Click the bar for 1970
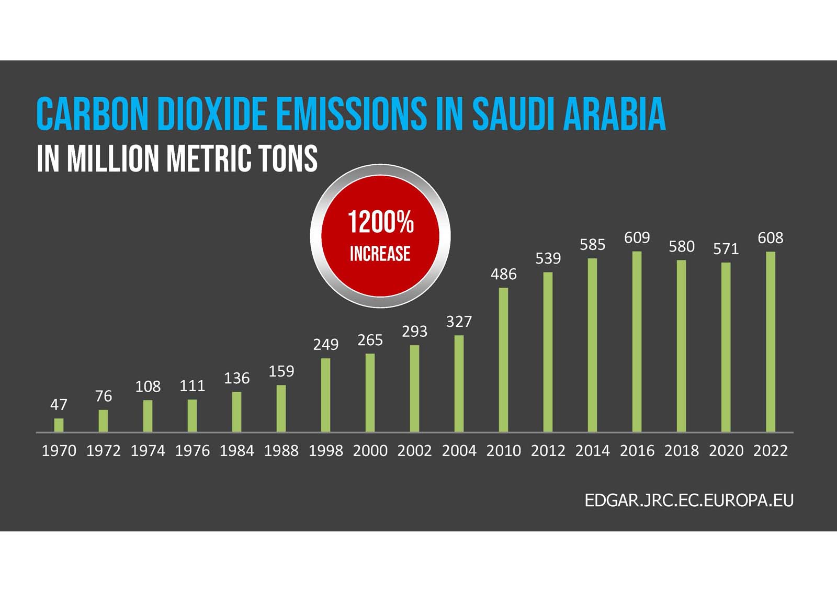click(x=59, y=425)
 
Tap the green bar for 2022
click(x=771, y=342)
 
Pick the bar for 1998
click(x=325, y=395)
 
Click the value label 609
click(x=637, y=238)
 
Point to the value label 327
click(x=459, y=322)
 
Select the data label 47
click(x=59, y=404)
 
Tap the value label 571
click(x=726, y=249)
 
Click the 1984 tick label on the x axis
click(x=236, y=451)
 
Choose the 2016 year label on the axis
click(x=637, y=451)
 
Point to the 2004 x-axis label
click(x=459, y=451)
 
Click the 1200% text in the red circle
click(x=380, y=222)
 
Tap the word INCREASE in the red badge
click(x=380, y=254)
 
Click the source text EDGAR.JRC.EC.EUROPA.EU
click(x=688, y=500)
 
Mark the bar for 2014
click(x=592, y=345)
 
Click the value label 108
click(x=148, y=387)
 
